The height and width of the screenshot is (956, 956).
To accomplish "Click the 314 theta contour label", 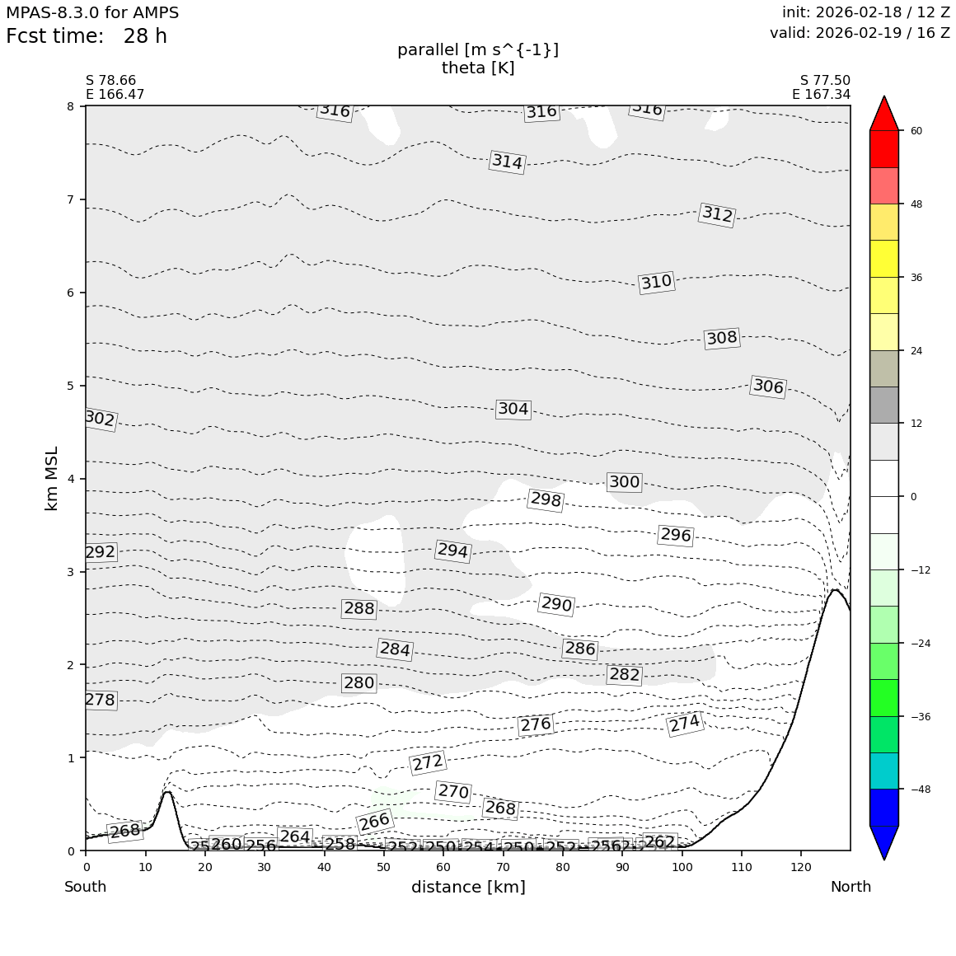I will point(507,162).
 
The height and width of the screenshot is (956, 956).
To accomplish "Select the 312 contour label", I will point(717,214).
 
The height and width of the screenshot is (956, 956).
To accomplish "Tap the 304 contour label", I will point(513,410).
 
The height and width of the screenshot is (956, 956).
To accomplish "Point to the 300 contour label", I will point(624,482).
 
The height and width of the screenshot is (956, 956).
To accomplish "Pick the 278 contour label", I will point(101,701).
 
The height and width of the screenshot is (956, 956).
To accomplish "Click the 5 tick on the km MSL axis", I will point(70,386).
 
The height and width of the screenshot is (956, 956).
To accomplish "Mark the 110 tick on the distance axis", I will point(742,867).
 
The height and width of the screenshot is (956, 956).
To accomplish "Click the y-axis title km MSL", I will point(52,478).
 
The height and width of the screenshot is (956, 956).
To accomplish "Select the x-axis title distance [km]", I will point(468,888).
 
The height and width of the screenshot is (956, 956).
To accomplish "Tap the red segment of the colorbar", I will point(885,148).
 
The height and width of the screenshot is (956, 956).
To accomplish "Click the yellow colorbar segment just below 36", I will point(885,295).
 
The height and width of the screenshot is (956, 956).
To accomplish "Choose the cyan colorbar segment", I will point(885,771).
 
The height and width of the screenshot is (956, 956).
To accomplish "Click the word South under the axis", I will point(86,888).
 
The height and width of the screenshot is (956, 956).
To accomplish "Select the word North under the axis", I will point(851,888).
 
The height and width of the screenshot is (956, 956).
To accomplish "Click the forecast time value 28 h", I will point(145,37).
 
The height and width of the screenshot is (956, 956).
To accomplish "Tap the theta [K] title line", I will point(478,68).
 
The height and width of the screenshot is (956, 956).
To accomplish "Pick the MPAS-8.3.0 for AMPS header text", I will point(92,13).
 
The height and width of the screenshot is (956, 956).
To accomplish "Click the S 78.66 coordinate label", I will point(111,81).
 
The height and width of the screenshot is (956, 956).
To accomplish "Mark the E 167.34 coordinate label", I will point(821,95).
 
